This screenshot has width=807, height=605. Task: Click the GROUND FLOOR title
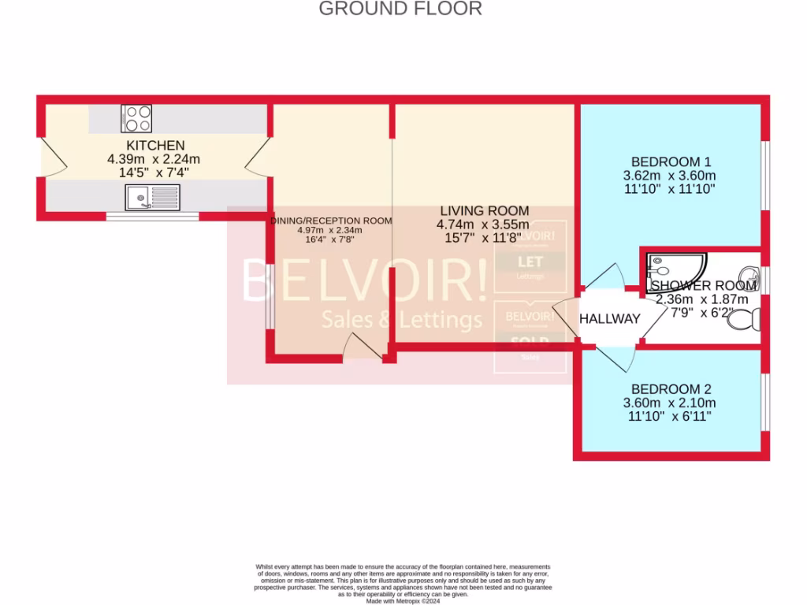400,9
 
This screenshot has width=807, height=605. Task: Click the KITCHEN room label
156,145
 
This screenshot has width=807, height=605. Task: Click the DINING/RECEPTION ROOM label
331,221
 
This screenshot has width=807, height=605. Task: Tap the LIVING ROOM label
484,210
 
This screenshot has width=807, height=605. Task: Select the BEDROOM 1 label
670,161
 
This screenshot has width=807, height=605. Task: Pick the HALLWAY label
610,319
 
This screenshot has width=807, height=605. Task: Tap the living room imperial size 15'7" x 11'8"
484,237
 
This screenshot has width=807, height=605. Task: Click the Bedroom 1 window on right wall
764,175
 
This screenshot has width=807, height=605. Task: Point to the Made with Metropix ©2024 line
403,599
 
